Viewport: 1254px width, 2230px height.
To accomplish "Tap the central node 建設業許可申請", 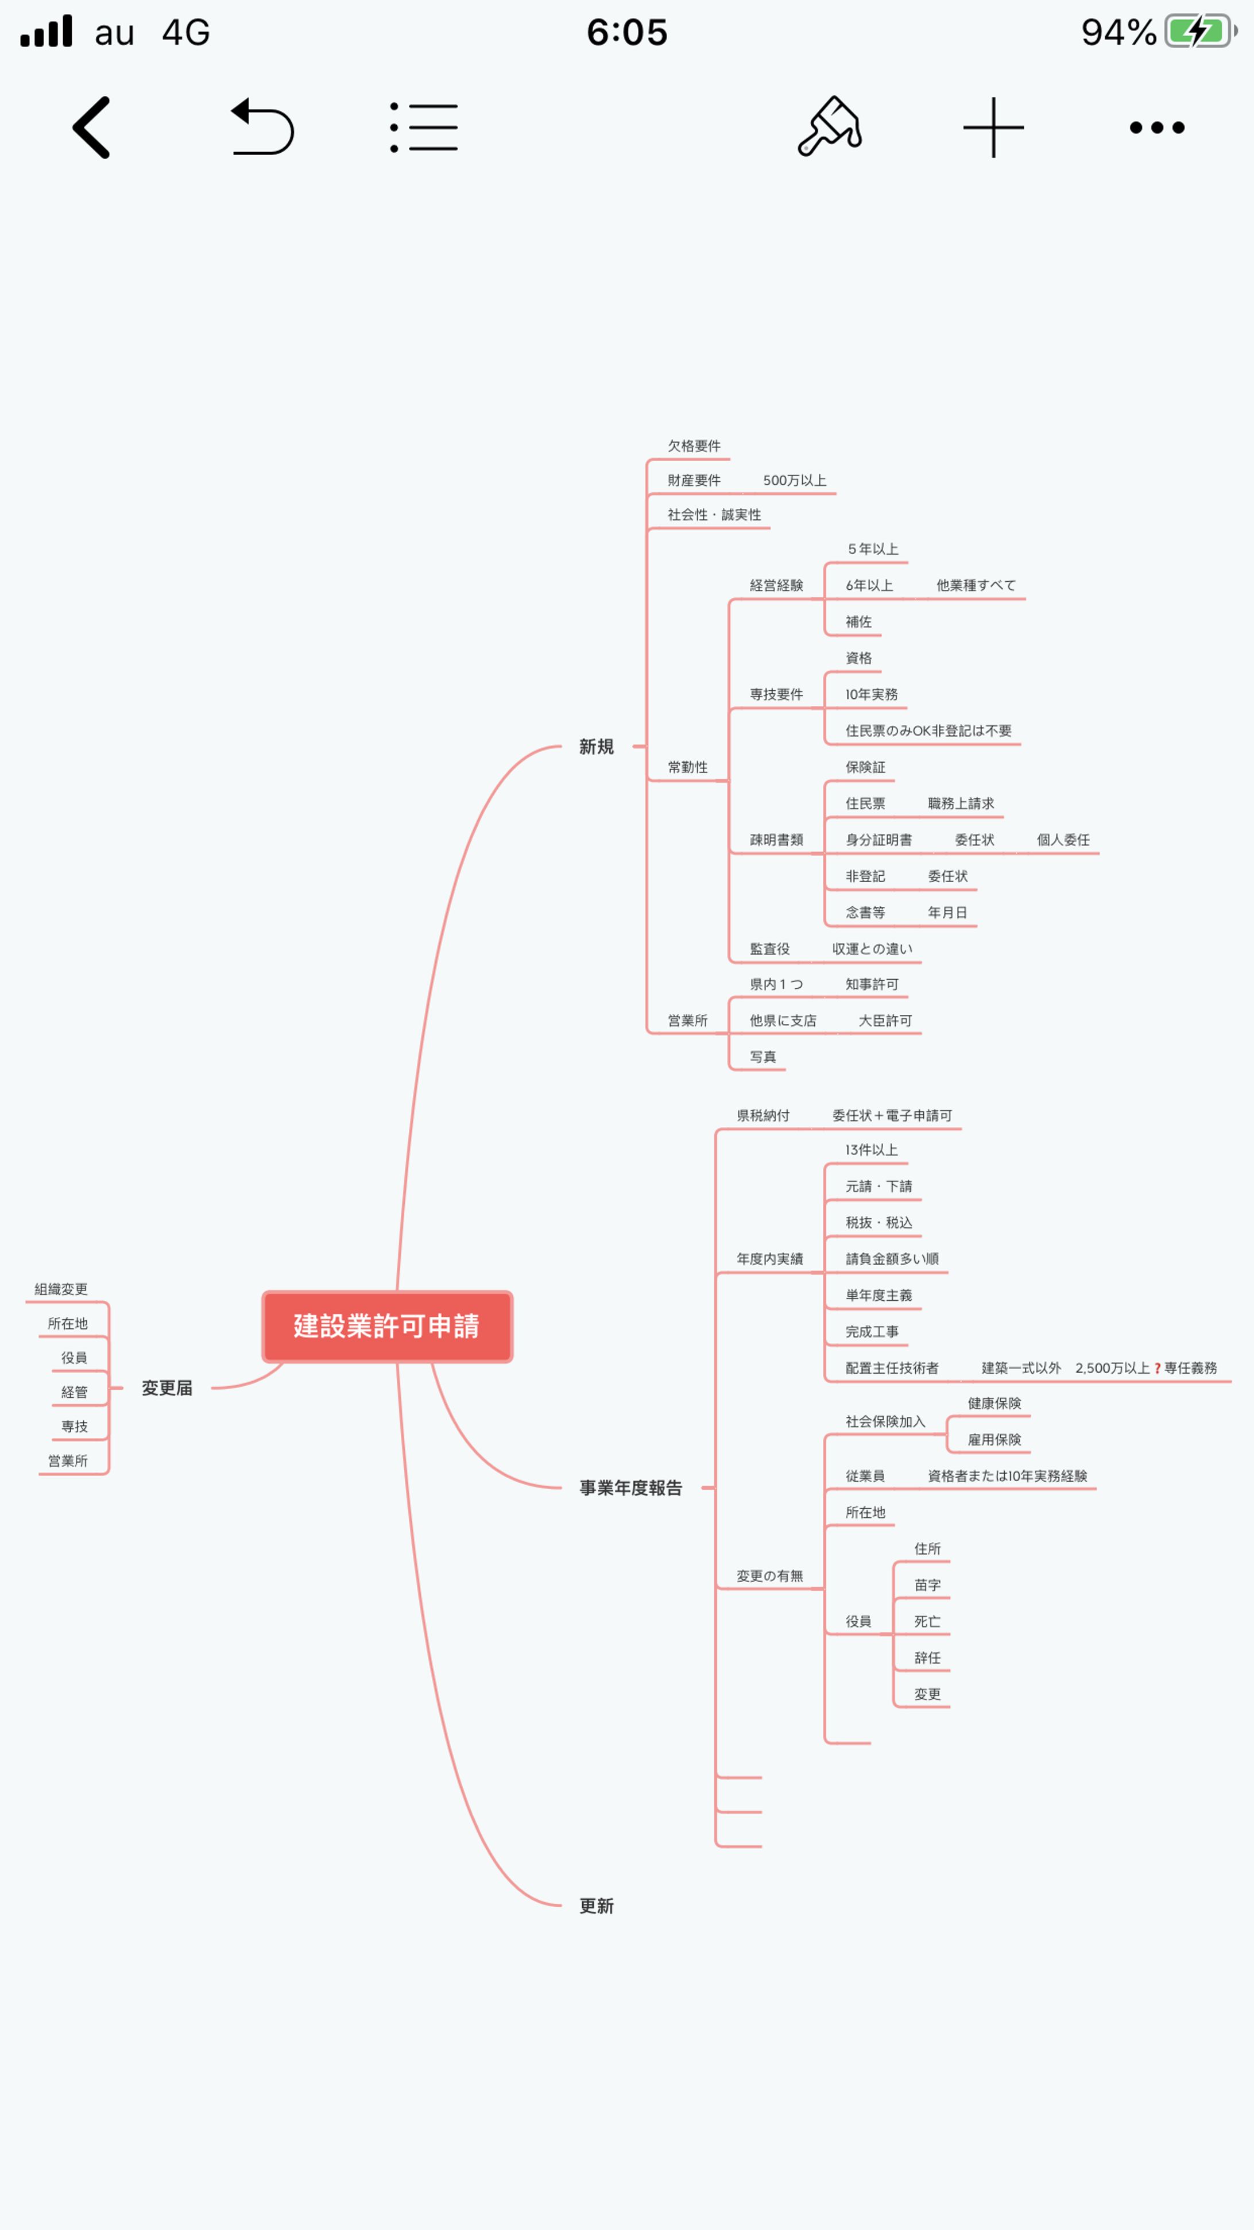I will [387, 1326].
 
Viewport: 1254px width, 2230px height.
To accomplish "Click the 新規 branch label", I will [596, 746].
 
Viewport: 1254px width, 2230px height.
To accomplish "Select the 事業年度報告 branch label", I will [631, 1487].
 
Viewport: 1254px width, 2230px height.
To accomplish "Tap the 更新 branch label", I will [596, 1906].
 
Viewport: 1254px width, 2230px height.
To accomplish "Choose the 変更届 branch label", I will [167, 1388].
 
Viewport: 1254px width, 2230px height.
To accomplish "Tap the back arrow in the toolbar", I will [92, 127].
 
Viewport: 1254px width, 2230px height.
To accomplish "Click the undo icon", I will [262, 127].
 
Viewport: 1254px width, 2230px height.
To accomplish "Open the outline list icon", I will [424, 127].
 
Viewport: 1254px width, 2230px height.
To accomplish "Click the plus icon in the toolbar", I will [993, 127].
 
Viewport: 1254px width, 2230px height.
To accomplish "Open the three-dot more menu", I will [1157, 127].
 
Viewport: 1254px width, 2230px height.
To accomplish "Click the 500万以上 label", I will [795, 481].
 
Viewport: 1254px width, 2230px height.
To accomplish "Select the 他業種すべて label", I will [976, 585].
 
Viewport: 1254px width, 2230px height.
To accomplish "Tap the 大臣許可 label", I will [884, 1021].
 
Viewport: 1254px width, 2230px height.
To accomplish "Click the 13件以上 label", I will [872, 1150].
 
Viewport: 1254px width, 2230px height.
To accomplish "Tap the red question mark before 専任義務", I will [1157, 1369].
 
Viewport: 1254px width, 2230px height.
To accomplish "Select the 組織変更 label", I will [61, 1289].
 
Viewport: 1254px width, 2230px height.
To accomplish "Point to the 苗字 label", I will [927, 1585].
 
